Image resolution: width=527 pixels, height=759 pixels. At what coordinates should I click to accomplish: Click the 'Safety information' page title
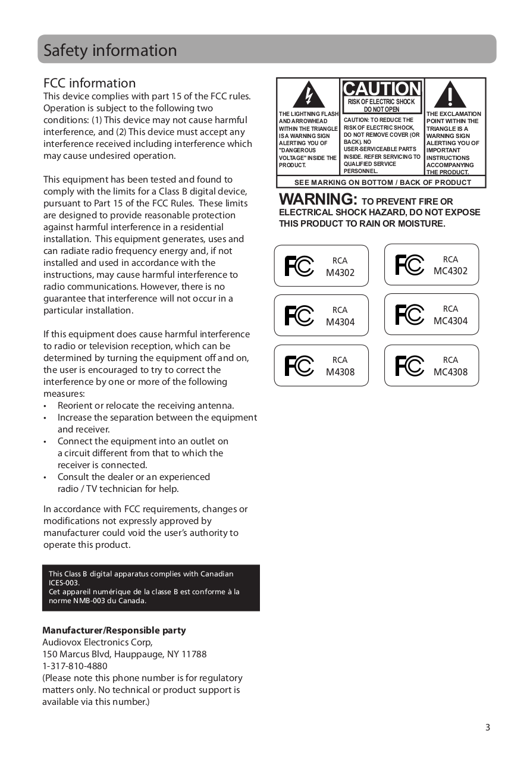[110, 51]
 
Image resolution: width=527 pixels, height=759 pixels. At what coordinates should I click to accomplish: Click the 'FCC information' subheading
[89, 83]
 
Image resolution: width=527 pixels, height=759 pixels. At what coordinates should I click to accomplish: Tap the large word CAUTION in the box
[382, 89]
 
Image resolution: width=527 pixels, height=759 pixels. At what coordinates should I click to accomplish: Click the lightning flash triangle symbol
[308, 96]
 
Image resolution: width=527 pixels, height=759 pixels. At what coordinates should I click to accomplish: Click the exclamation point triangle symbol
[450, 96]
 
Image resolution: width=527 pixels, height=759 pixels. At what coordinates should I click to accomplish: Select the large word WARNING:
[318, 199]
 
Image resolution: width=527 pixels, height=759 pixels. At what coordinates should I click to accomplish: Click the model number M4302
[340, 273]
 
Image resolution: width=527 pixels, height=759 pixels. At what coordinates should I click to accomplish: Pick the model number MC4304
[450, 321]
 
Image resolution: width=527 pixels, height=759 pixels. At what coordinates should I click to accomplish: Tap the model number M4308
[340, 372]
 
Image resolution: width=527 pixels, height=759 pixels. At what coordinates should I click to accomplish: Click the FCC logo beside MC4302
[409, 265]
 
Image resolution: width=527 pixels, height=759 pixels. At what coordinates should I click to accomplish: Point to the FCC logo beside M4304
[299, 316]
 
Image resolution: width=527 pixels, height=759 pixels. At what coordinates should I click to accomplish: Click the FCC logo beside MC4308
[409, 366]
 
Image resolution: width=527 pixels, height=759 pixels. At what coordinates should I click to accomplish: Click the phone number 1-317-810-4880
[75, 666]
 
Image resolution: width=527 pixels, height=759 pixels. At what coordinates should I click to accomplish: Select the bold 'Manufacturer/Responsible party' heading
[114, 631]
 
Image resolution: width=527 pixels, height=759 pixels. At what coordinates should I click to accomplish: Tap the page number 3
[488, 727]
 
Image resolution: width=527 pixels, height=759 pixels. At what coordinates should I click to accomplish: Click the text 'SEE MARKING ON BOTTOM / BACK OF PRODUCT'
[382, 183]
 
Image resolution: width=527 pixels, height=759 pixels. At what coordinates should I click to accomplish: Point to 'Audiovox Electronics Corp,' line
[98, 642]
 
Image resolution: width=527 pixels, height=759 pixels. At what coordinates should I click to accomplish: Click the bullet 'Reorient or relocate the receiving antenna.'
[146, 406]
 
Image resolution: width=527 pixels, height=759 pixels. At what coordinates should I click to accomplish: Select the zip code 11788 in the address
[195, 654]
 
